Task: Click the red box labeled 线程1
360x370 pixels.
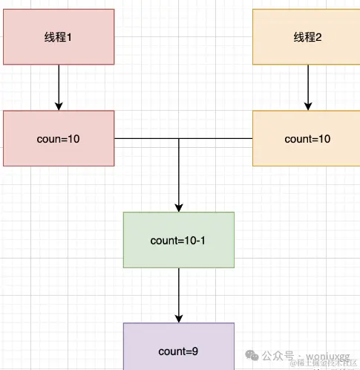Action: (59, 36)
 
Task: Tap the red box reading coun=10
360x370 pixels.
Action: (59, 138)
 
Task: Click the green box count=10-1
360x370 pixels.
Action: (178, 240)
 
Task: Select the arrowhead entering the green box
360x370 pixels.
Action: (178, 207)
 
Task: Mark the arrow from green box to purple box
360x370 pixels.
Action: (178, 295)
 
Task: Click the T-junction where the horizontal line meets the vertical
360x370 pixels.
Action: (178, 139)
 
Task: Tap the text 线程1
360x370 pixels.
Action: (59, 37)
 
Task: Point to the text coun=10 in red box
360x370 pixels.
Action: (59, 139)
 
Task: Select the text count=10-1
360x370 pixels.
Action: (178, 241)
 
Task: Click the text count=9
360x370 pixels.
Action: (178, 351)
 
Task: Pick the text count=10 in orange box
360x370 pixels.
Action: (307, 139)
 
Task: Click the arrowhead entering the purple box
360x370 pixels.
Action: (178, 318)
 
